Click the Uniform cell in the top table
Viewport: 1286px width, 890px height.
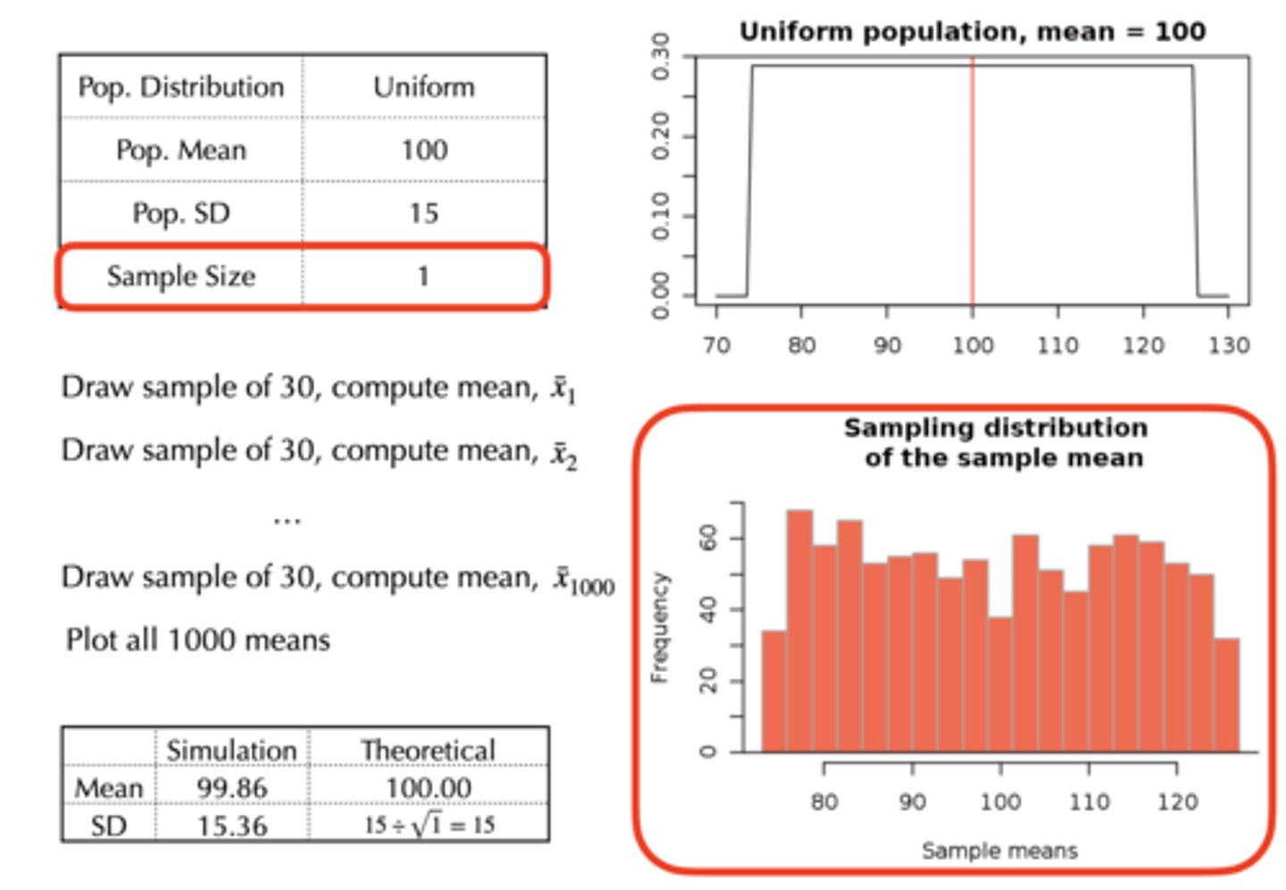pos(423,88)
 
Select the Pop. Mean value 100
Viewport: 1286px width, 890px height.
pos(423,150)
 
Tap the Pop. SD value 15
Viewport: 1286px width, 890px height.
pos(423,214)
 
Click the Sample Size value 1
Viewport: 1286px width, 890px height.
pos(423,276)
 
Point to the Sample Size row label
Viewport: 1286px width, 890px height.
pos(181,276)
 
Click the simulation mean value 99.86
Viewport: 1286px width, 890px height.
pos(232,788)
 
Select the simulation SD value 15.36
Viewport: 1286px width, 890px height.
pos(232,826)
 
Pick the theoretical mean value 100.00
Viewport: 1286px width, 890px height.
pos(429,788)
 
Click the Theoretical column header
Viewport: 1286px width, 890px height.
pos(429,750)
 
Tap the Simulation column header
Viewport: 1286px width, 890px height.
pos(231,750)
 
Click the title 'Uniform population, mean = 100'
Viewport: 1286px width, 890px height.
pos(973,32)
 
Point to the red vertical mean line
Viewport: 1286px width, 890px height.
pos(973,179)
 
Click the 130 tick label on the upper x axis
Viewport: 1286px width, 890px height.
pos(1228,345)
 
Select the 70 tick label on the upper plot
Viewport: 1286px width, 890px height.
pos(716,345)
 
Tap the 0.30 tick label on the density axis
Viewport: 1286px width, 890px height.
pos(660,56)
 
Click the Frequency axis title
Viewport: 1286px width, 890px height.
pos(659,628)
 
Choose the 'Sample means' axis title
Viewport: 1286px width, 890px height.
pos(999,851)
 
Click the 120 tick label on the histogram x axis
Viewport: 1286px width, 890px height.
pos(1177,802)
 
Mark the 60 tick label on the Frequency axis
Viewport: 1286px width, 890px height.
pos(708,538)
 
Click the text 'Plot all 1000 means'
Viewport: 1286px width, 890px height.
pos(198,640)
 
